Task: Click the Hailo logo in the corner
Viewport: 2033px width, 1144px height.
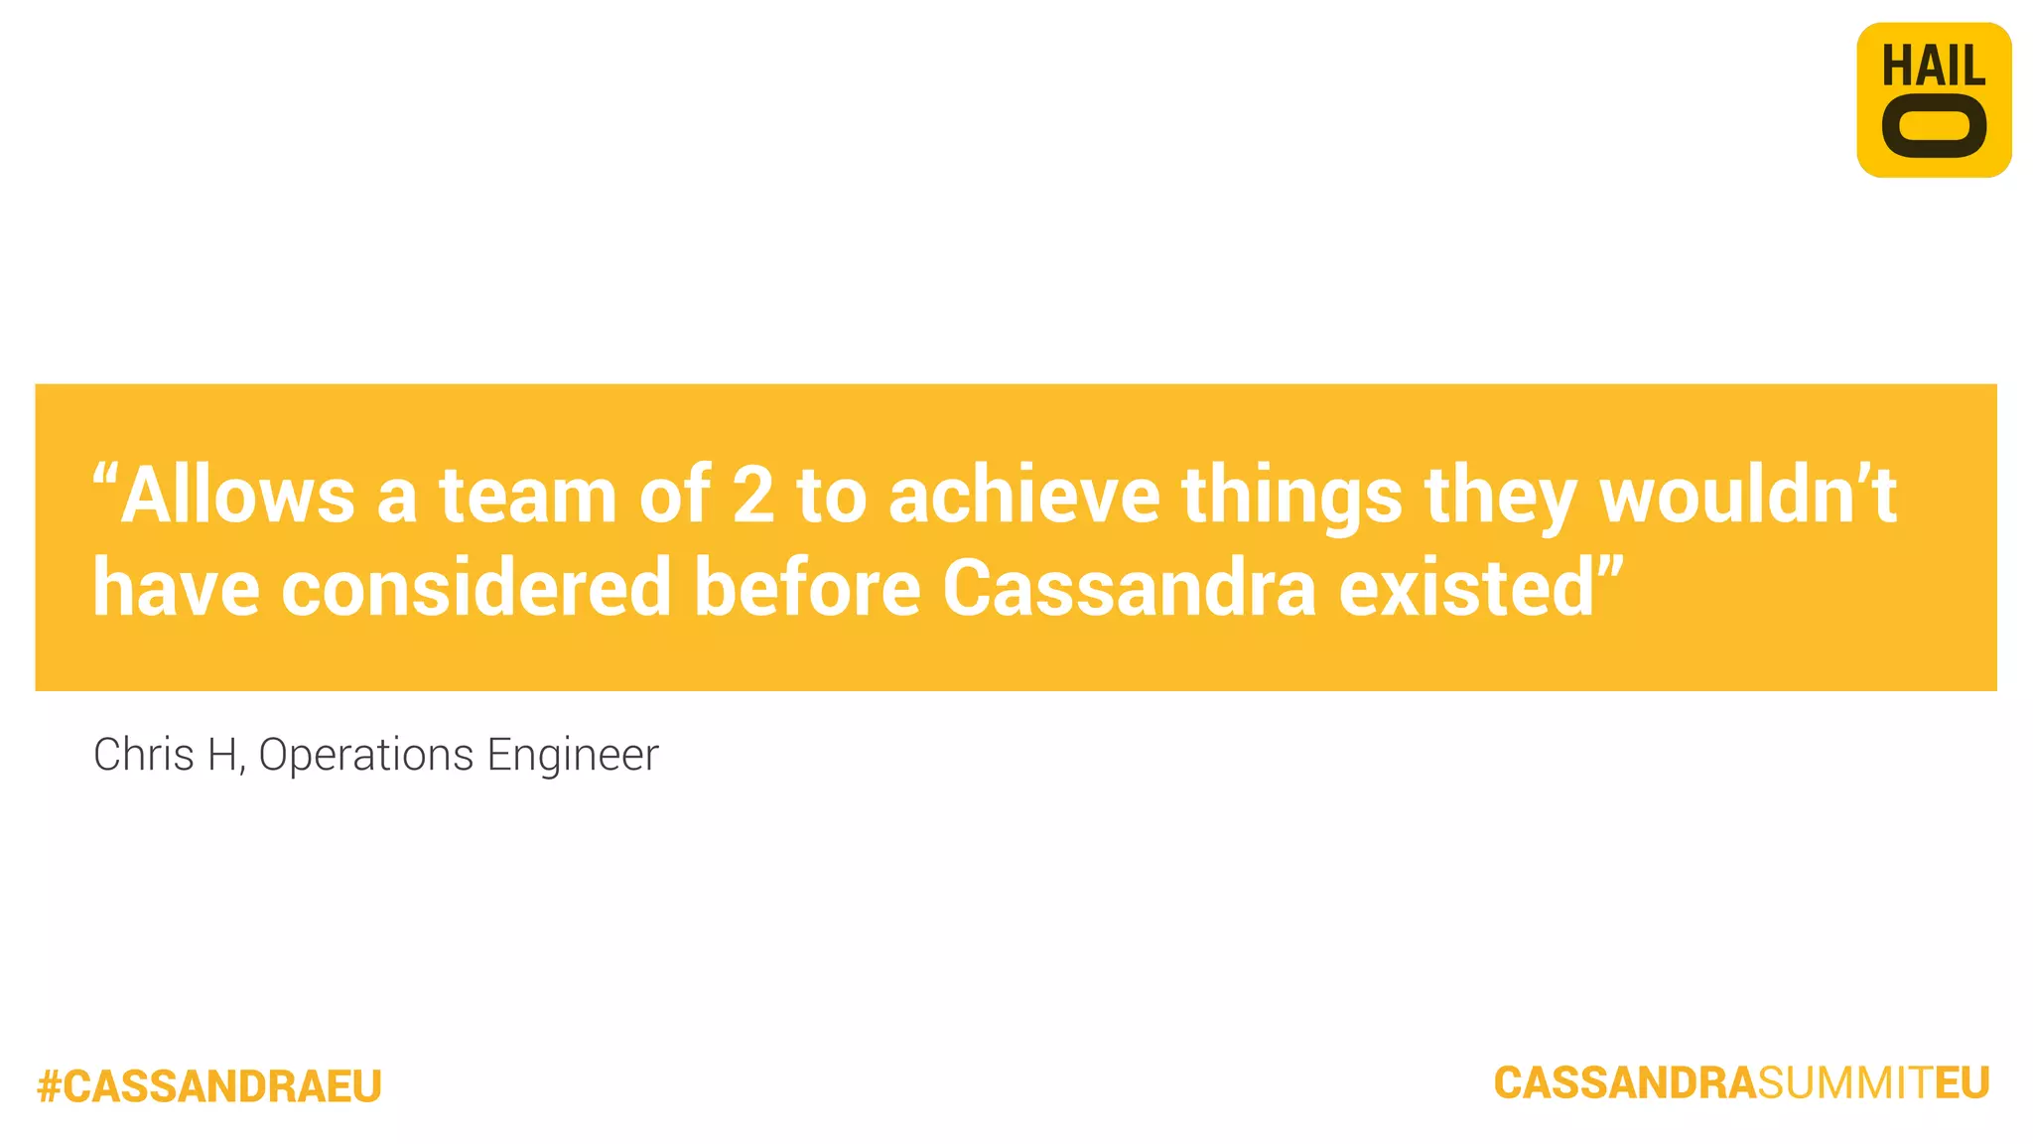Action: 1933,100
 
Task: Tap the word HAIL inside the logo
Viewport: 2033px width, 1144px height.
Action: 1933,67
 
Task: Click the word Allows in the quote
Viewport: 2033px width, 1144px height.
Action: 238,495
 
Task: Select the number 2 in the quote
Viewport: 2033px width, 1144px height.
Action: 752,495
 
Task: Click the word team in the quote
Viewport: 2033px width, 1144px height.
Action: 528,495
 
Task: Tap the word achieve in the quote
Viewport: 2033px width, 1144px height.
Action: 1023,495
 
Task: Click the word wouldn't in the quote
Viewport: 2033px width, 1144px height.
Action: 1748,495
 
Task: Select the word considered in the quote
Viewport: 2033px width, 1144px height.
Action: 476,588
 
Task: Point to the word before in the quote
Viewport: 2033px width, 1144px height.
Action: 807,588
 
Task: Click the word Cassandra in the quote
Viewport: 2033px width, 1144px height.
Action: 1129,588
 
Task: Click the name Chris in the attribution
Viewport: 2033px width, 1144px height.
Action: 143,755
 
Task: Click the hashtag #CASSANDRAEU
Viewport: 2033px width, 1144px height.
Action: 209,1086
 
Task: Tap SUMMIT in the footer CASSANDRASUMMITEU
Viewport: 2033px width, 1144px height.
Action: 1845,1083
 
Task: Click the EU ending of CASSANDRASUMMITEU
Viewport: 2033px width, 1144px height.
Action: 1963,1083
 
